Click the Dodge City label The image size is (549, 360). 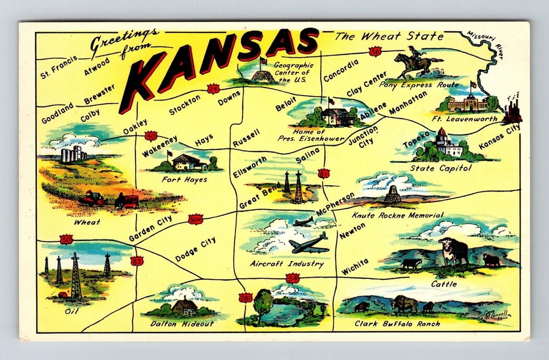[195, 249]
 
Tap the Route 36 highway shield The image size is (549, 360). [375, 52]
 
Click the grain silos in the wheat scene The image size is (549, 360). [72, 153]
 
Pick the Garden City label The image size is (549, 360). [150, 228]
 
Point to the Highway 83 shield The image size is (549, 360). [137, 261]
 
